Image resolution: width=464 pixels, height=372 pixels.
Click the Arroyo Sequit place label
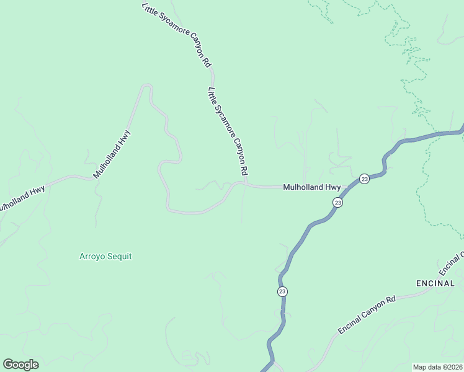[105, 256]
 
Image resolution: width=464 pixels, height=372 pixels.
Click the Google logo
[20, 365]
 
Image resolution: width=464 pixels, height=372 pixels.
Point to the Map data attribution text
[437, 367]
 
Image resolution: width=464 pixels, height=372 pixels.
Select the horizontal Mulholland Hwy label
[312, 187]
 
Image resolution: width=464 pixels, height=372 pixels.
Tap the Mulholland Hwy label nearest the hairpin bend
[112, 154]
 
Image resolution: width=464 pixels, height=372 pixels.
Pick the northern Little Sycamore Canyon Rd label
[177, 35]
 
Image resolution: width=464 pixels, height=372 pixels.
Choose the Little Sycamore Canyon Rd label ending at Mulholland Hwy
[228, 131]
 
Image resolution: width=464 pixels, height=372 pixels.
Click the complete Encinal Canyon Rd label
[367, 315]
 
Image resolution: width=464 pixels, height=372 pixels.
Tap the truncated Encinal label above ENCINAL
[452, 263]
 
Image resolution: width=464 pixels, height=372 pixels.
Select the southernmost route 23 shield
[283, 291]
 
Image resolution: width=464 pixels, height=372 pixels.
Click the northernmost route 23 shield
[364, 179]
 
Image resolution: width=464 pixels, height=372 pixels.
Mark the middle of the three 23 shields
[337, 202]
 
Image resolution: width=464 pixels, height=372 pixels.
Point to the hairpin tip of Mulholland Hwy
[147, 86]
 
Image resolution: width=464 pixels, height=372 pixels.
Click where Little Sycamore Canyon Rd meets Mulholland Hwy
[246, 184]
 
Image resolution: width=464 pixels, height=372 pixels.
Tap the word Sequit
[120, 256]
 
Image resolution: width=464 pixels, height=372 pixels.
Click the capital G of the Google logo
[8, 365]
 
